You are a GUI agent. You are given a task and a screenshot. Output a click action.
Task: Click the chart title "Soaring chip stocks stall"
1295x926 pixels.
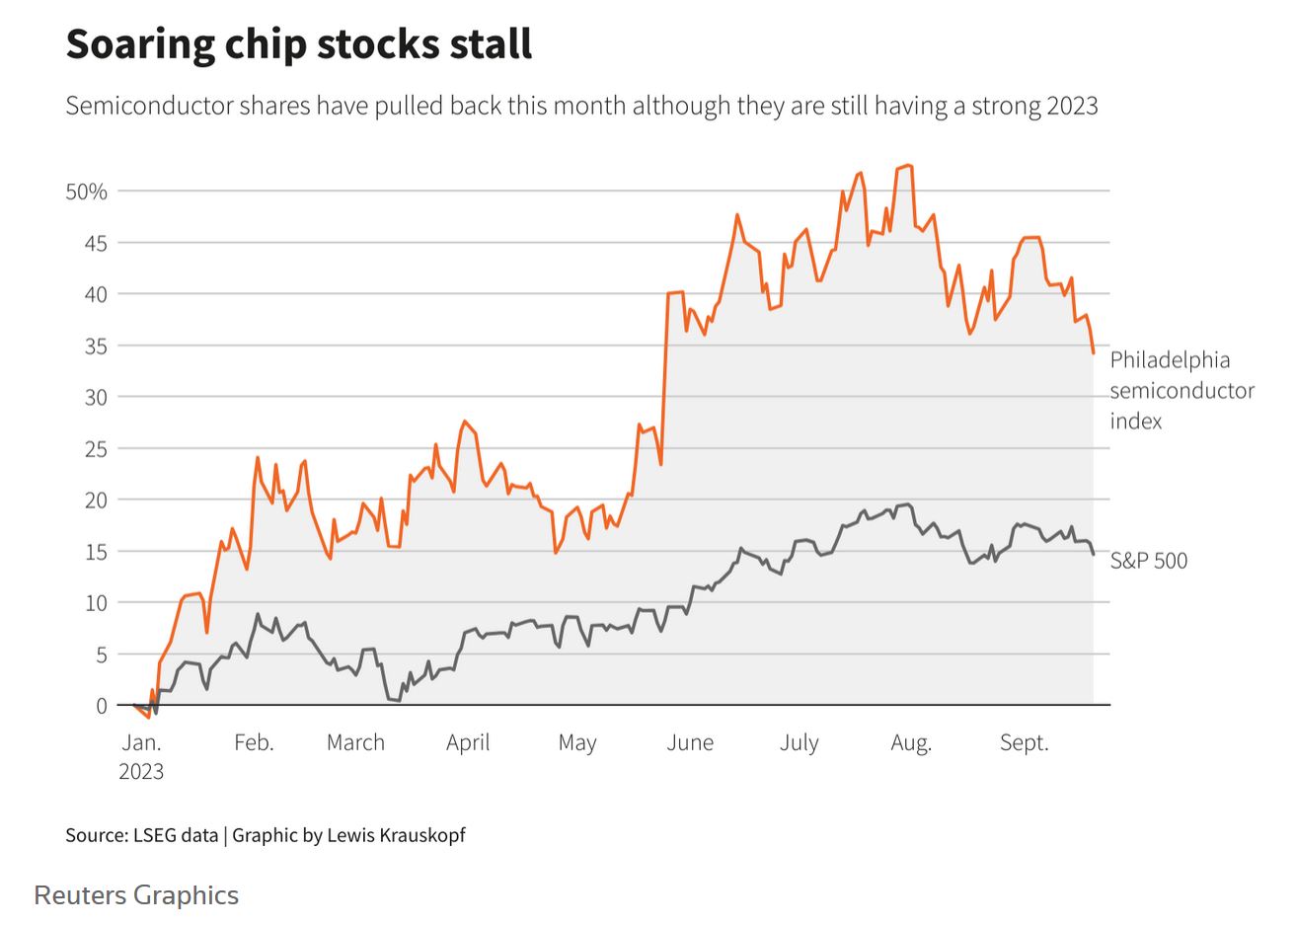pos(299,44)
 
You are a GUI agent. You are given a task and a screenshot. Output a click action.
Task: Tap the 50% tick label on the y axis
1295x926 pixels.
pos(86,192)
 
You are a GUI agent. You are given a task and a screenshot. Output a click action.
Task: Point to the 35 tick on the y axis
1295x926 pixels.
pos(96,346)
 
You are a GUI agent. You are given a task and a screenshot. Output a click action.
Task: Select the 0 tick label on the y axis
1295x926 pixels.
pos(102,706)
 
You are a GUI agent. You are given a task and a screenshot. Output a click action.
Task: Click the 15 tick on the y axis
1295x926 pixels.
pos(96,552)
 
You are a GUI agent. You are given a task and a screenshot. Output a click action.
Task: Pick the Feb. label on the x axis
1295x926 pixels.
pos(254,742)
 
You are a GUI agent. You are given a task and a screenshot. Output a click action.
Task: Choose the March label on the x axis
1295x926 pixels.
pos(355,742)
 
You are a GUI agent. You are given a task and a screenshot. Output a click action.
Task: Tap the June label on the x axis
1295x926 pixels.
pos(689,742)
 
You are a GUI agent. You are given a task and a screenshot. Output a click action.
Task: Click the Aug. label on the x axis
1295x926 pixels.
pos(910,742)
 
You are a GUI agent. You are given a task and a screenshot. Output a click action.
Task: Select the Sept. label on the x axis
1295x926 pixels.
pos(1024,742)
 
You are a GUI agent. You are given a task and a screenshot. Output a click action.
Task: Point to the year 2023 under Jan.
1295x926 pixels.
pos(141,772)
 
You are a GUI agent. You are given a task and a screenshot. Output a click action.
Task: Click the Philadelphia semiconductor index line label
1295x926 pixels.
pos(1181,390)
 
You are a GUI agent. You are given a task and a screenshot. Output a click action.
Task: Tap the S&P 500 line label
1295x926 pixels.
pos(1148,561)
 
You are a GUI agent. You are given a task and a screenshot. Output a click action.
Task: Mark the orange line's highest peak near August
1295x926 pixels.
pos(908,166)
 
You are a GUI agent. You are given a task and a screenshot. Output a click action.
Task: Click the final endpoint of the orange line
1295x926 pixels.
pos(1093,352)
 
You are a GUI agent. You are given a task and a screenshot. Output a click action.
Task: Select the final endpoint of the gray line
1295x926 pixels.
pos(1093,554)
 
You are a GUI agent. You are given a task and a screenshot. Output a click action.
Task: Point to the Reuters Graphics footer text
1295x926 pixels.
pos(136,895)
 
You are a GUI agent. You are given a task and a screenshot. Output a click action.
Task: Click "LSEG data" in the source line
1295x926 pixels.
pos(176,835)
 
